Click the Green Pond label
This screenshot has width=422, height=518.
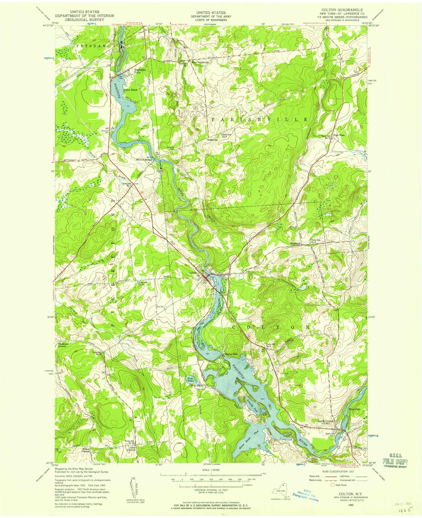[x=190, y=380]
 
